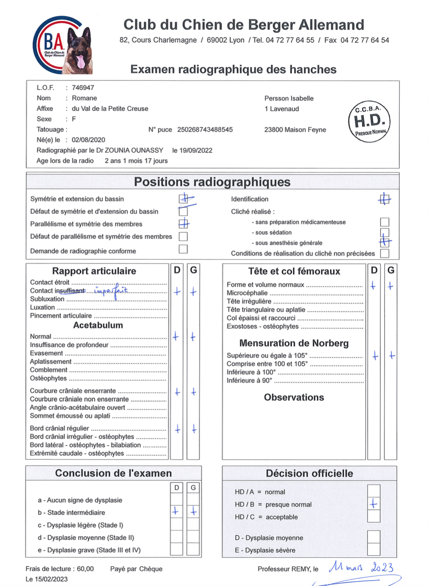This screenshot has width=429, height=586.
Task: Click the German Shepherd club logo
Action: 63,45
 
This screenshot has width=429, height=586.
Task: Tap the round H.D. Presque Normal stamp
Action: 369,121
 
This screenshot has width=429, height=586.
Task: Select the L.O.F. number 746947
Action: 83,88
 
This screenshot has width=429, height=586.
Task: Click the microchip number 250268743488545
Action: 205,130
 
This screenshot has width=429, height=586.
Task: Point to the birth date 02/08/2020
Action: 89,140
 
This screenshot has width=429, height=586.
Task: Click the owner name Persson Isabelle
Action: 289,98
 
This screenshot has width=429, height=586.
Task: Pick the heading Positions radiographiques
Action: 212,182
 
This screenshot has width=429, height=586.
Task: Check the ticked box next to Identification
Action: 385,199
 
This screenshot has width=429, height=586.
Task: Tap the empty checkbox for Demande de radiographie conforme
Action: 183,249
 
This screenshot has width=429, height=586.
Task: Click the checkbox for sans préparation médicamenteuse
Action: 385,222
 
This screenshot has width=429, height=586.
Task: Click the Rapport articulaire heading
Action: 94,271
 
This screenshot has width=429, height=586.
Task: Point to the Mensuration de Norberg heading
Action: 294,343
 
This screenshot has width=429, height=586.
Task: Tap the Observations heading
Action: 294,397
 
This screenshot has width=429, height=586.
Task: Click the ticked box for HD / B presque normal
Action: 374,504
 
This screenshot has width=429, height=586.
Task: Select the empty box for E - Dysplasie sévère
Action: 374,550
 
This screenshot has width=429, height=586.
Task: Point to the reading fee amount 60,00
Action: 85,569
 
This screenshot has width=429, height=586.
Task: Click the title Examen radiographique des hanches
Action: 233,69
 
